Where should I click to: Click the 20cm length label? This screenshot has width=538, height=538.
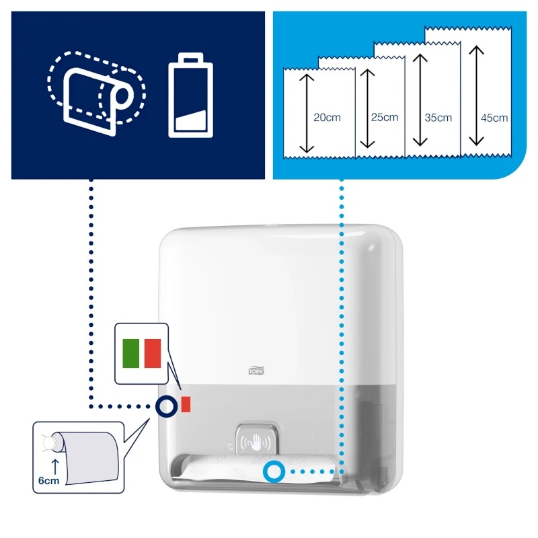pyautogui.click(x=327, y=117)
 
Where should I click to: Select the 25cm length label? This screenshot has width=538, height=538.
pyautogui.click(x=384, y=117)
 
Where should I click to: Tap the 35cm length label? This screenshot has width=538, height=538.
pyautogui.click(x=438, y=118)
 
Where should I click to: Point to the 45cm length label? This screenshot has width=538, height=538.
pyautogui.click(x=494, y=118)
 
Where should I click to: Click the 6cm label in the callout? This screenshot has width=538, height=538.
pyautogui.click(x=48, y=481)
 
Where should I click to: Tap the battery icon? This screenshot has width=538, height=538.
pyautogui.click(x=191, y=95)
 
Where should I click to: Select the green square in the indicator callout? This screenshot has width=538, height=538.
pyautogui.click(x=130, y=354)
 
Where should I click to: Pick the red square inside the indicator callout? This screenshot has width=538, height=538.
pyautogui.click(x=153, y=354)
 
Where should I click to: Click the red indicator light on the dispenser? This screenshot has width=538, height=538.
pyautogui.click(x=186, y=404)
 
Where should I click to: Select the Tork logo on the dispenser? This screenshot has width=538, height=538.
pyautogui.click(x=256, y=371)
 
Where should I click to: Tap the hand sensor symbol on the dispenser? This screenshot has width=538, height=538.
pyautogui.click(x=256, y=442)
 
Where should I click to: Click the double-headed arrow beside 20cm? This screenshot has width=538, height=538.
pyautogui.click(x=307, y=114)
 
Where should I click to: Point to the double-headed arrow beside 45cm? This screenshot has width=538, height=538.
pyautogui.click(x=476, y=95)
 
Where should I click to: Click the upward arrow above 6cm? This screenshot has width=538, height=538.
pyautogui.click(x=55, y=467)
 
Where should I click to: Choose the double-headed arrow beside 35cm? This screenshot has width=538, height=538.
pyautogui.click(x=420, y=100)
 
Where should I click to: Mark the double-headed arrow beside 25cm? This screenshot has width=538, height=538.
pyautogui.click(x=367, y=109)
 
